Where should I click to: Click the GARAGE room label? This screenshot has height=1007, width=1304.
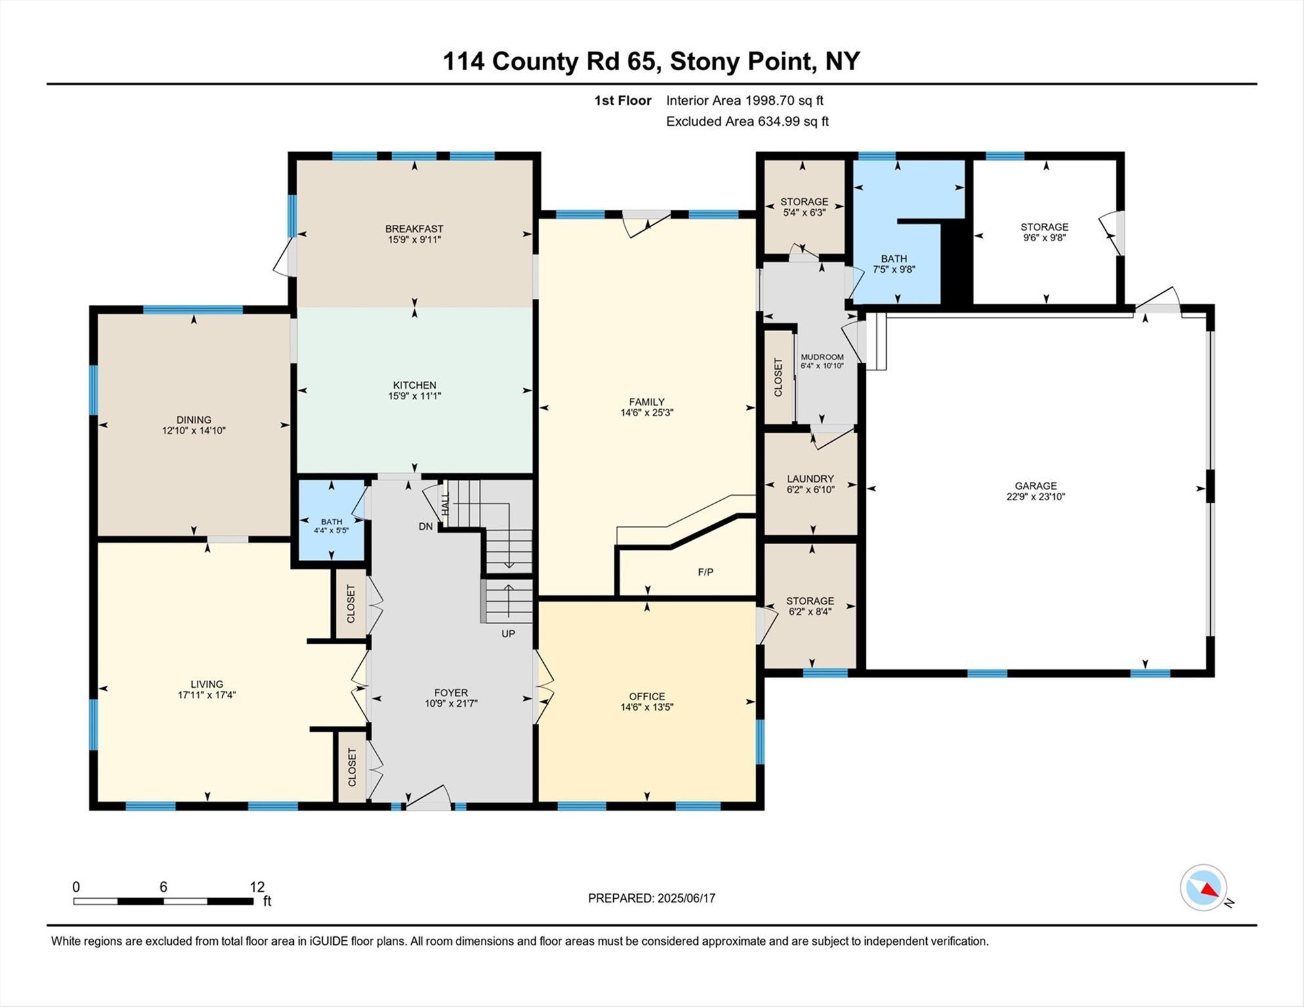pos(1036,486)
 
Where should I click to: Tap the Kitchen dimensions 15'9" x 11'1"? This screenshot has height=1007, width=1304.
pos(415,396)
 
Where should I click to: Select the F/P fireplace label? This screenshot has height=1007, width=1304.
pos(706,572)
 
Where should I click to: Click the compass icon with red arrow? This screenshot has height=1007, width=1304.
pos(1204,888)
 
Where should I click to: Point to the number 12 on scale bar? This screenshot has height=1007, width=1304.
pos(257,887)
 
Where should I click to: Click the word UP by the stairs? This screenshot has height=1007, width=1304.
pos(508,634)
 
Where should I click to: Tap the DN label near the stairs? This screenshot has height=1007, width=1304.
pos(426,526)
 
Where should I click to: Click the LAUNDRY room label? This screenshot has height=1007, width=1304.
pos(811,479)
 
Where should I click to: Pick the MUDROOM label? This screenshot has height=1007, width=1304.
pos(822,357)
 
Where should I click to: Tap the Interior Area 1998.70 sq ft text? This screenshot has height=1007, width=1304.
pos(744,100)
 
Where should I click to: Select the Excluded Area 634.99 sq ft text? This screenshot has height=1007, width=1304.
pos(747,121)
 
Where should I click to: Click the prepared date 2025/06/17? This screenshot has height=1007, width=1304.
pos(686,898)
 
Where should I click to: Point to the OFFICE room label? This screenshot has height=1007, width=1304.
pos(647,696)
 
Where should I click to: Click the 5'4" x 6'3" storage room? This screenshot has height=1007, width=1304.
pos(804,207)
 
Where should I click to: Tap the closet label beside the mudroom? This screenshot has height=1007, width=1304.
pos(779,377)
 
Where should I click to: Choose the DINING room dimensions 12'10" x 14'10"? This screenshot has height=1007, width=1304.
pos(194,431)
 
